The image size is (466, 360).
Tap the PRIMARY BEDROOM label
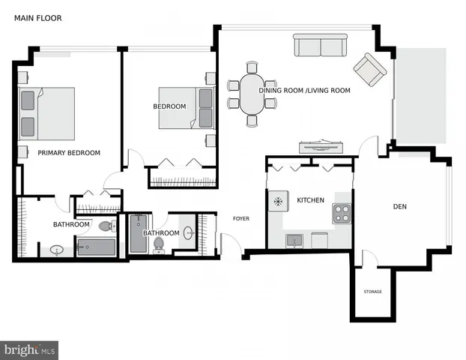tap(69, 153)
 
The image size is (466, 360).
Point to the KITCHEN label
tap(310, 200)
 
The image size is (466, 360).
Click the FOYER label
tap(240, 219)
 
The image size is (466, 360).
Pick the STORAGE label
tap(372, 292)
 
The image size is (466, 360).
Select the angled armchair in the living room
tap(370, 70)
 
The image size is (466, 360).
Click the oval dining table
tap(252, 93)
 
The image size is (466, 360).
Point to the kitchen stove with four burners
tap(342, 214)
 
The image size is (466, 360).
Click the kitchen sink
tap(295, 241)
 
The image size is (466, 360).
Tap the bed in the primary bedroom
tap(46, 113)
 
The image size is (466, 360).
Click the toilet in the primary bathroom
tap(106, 225)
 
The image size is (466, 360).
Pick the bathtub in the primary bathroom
tap(97, 247)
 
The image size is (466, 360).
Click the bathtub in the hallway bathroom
tap(139, 234)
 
